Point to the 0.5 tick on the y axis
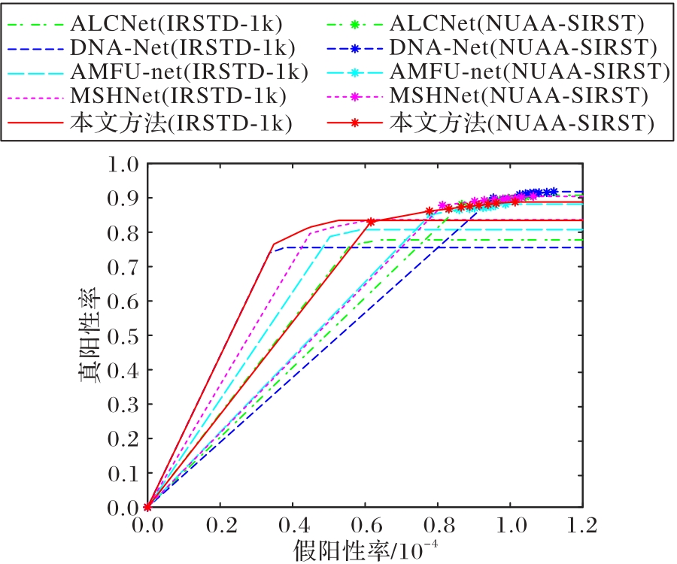(125, 336)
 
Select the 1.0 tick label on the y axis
(125, 164)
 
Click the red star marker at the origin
(147, 508)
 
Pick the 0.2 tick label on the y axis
(125, 439)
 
